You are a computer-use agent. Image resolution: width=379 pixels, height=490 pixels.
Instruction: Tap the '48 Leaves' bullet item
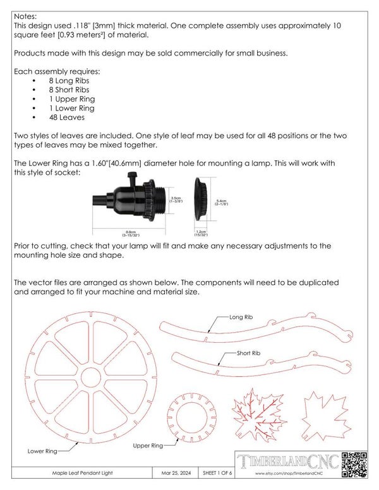coord(66,117)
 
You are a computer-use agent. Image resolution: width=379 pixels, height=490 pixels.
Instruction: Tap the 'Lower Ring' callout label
coord(43,451)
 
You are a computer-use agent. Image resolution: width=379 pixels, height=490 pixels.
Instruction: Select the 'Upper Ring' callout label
coord(148,445)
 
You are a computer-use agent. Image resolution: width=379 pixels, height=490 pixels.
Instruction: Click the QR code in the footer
coord(353,465)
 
